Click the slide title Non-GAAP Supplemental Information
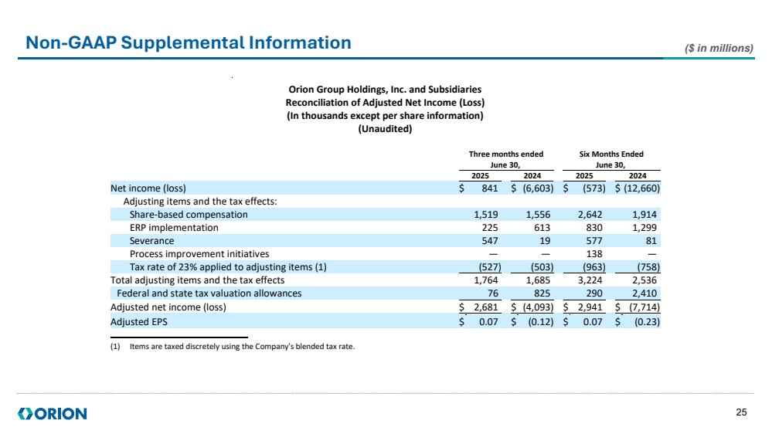188,42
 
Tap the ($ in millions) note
719,49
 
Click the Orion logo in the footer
53,414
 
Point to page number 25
742,413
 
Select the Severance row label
151,241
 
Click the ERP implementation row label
174,228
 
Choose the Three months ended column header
506,154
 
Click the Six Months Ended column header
611,154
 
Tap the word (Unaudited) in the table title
385,129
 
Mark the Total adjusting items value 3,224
592,280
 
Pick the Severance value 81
652,241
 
